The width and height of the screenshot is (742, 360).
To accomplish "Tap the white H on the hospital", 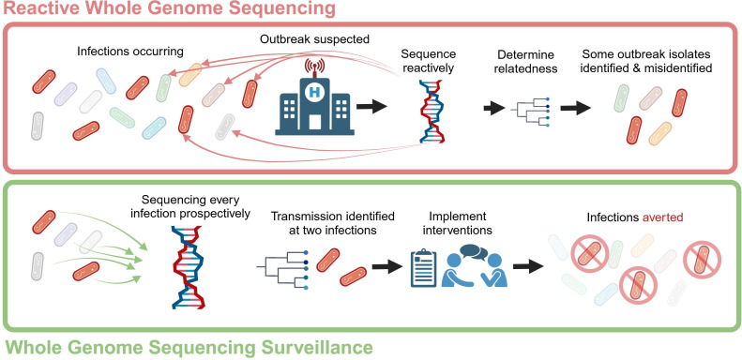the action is [x=313, y=91].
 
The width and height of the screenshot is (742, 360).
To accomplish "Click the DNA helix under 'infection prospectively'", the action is [x=188, y=267].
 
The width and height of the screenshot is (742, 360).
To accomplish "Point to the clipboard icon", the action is [x=423, y=268].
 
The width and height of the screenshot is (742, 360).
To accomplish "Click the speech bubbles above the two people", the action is [x=473, y=252].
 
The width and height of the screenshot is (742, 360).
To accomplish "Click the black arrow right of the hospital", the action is [x=371, y=107].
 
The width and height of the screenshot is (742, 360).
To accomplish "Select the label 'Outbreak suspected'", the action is [x=314, y=39].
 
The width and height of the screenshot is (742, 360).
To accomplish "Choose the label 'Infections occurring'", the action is [x=130, y=51].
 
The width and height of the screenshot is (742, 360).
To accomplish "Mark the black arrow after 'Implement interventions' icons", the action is [x=528, y=267].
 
